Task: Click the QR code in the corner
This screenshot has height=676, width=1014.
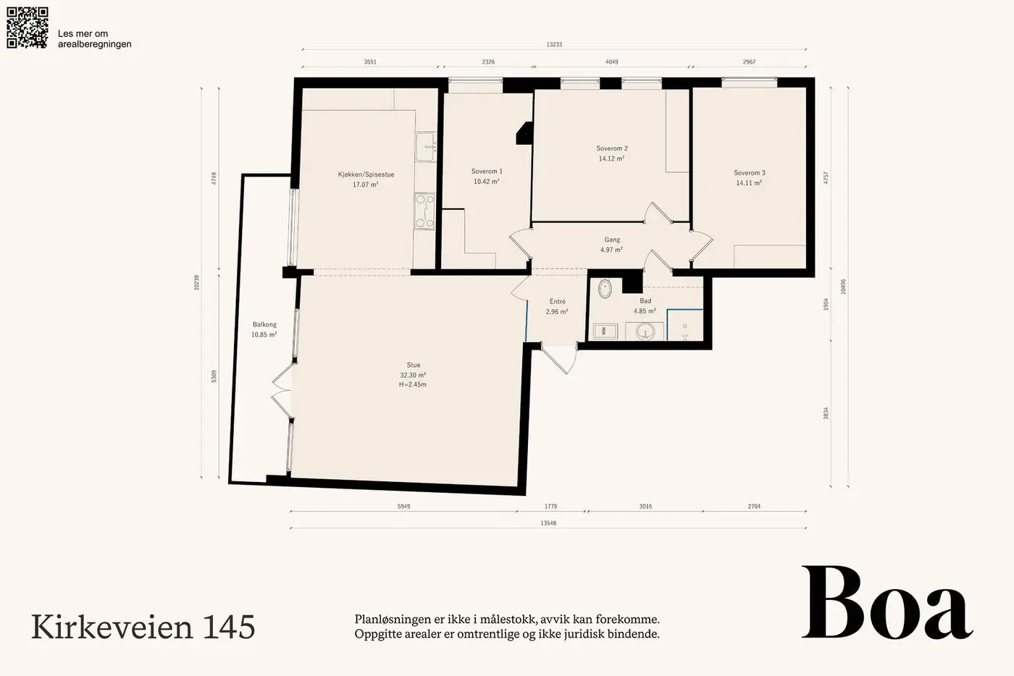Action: click(x=28, y=28)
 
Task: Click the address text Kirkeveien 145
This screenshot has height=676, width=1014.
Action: click(x=143, y=627)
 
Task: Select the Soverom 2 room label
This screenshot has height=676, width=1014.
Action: click(x=612, y=148)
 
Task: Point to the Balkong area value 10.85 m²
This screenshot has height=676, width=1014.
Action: click(x=264, y=335)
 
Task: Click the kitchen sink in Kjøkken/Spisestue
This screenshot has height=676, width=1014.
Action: click(x=426, y=146)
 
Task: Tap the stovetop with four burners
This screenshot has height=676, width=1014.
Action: click(x=424, y=211)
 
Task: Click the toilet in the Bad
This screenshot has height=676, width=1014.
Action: click(x=605, y=288)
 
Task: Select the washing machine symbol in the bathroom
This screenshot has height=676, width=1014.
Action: click(x=605, y=331)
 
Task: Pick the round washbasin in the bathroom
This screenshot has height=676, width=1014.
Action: click(x=645, y=332)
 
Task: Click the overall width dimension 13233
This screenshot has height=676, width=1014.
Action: click(x=554, y=44)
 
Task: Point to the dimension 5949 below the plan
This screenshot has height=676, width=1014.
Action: click(x=404, y=507)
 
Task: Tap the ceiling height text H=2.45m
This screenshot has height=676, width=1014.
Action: click(x=412, y=384)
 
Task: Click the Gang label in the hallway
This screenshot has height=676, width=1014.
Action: click(x=612, y=240)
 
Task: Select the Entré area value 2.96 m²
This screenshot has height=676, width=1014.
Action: click(x=557, y=312)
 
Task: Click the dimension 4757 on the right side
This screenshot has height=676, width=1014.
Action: click(x=826, y=177)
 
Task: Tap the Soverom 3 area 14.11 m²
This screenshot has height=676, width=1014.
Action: click(x=749, y=183)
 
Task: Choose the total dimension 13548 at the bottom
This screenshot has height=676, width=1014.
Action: click(x=548, y=523)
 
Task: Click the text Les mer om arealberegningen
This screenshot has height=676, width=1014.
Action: click(x=95, y=39)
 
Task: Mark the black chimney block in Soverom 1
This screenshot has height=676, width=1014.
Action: click(x=525, y=133)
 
